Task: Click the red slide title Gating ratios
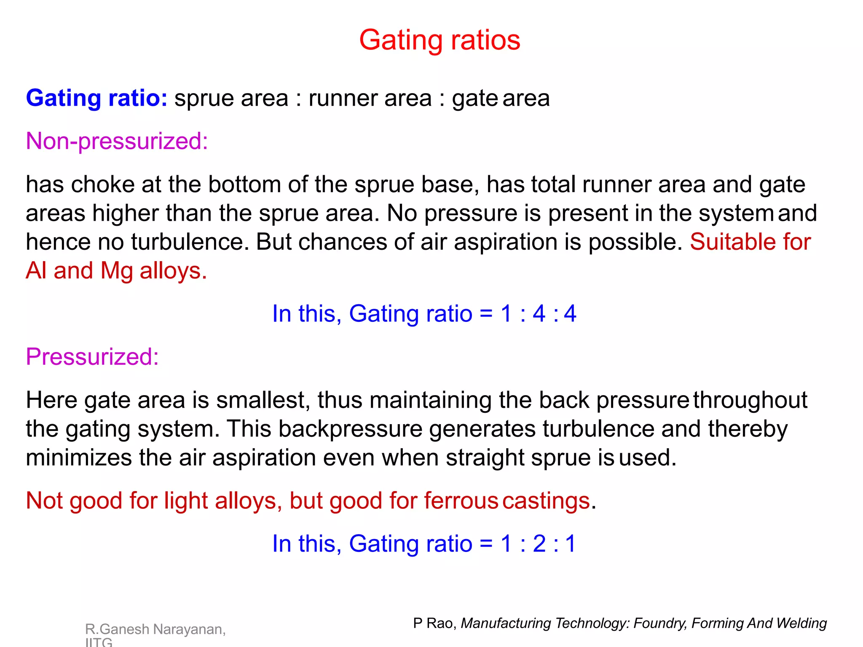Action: tap(440, 40)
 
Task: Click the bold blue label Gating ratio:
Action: tap(96, 98)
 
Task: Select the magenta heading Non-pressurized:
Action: tap(117, 141)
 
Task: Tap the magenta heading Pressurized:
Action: tap(92, 356)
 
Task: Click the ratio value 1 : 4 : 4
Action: tap(538, 314)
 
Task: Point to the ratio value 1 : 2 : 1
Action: tap(538, 543)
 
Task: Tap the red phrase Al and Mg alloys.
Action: tap(116, 270)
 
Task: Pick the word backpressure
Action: tap(350, 429)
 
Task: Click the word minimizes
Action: tap(79, 458)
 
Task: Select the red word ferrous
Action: tap(461, 501)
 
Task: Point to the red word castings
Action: tap(546, 501)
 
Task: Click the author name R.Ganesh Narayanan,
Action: tap(155, 629)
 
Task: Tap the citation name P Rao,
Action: tap(434, 623)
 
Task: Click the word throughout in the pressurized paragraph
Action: tap(750, 400)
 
